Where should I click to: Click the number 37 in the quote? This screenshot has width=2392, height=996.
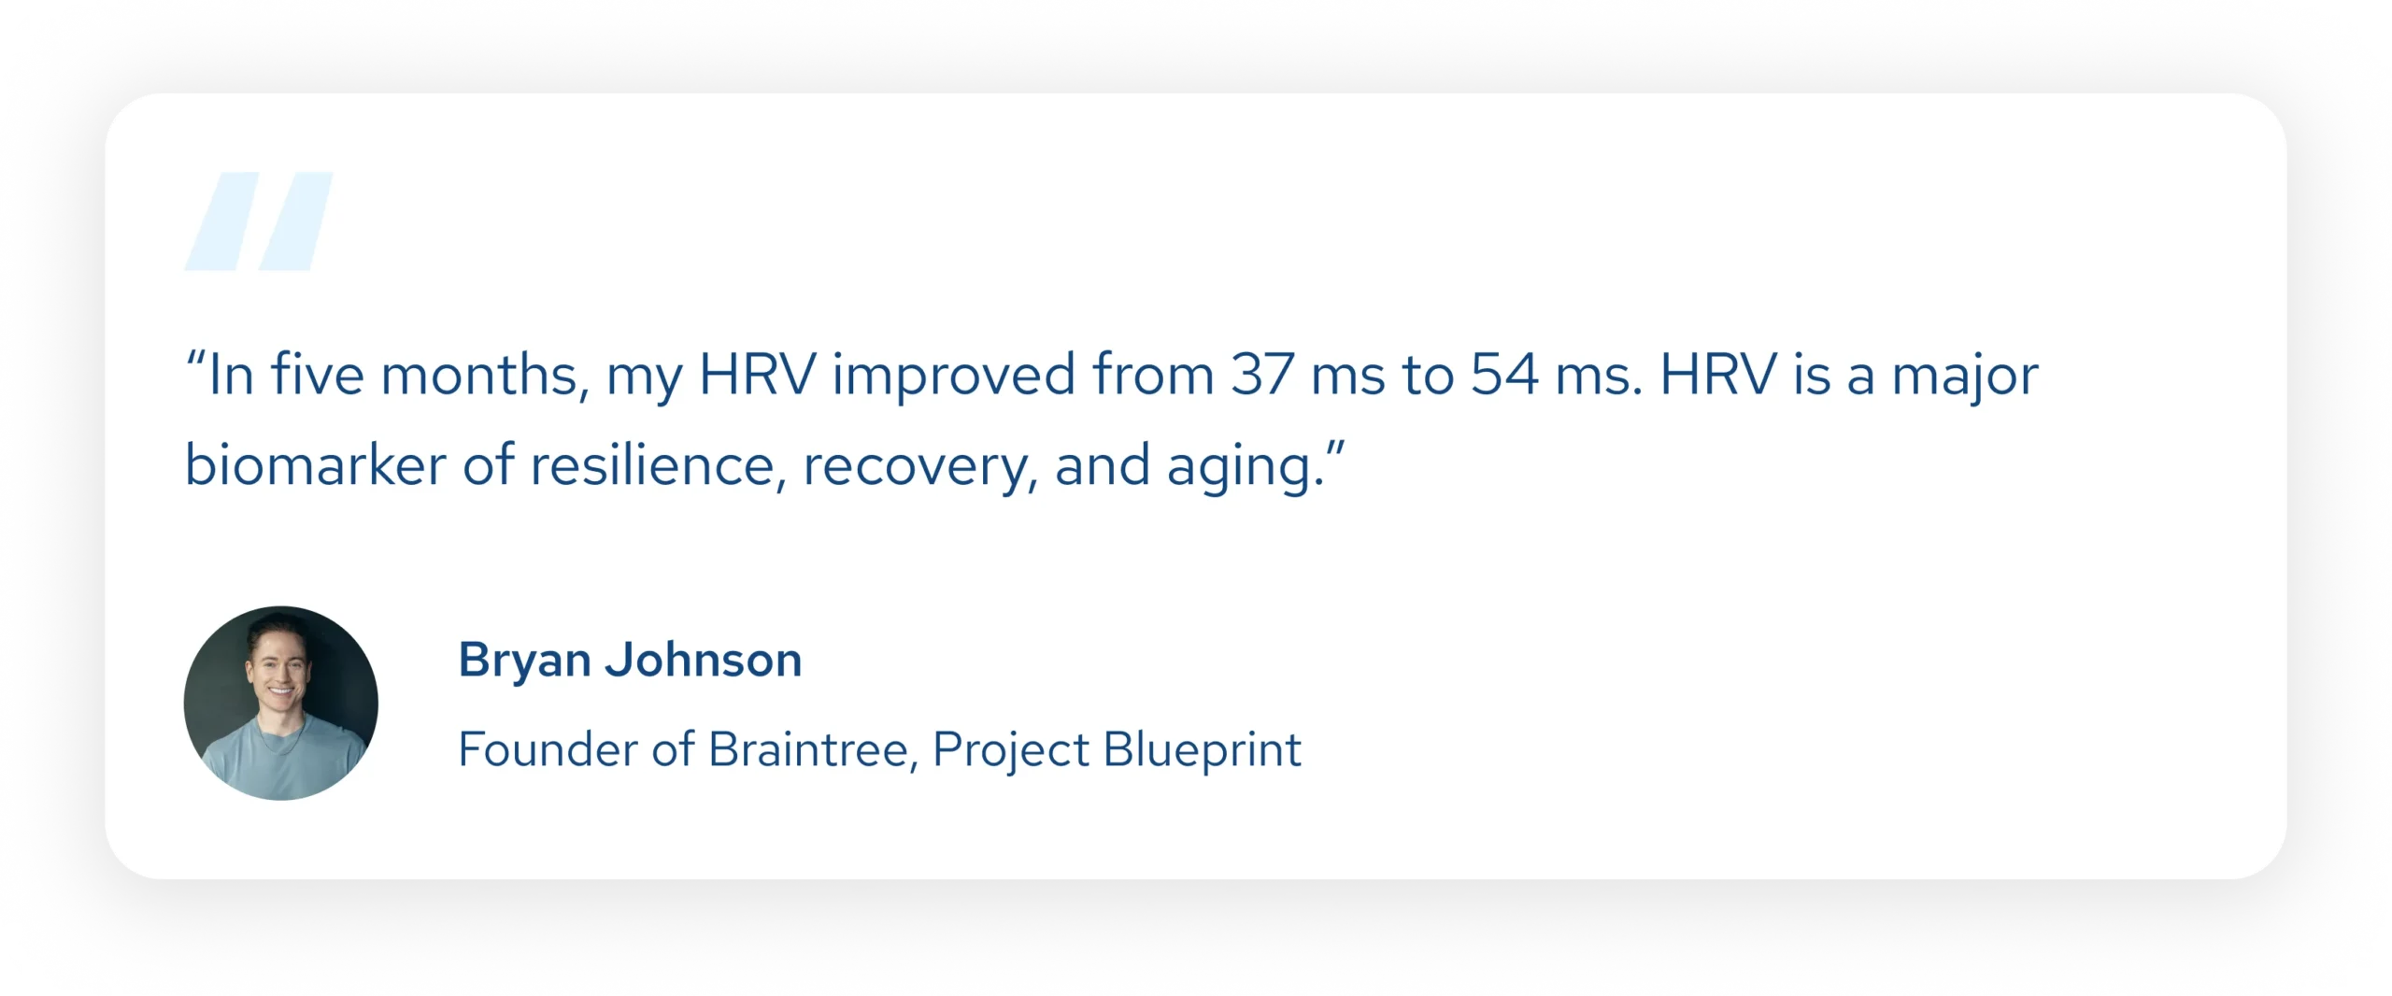coord(1262,375)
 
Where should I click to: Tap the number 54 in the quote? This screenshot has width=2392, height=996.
coord(1504,375)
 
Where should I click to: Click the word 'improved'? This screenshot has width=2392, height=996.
coord(954,377)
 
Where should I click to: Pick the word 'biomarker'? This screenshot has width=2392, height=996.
coord(315,463)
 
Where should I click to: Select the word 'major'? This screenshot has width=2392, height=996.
coord(1965,377)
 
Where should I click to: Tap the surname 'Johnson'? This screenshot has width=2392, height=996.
coord(704,660)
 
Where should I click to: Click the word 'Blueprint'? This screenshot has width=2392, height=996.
coord(1203,750)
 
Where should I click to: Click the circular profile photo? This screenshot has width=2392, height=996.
coord(281,703)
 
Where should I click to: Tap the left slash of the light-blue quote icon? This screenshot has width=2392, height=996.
coord(222,221)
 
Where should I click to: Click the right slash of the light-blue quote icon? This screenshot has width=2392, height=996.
coord(296,221)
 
